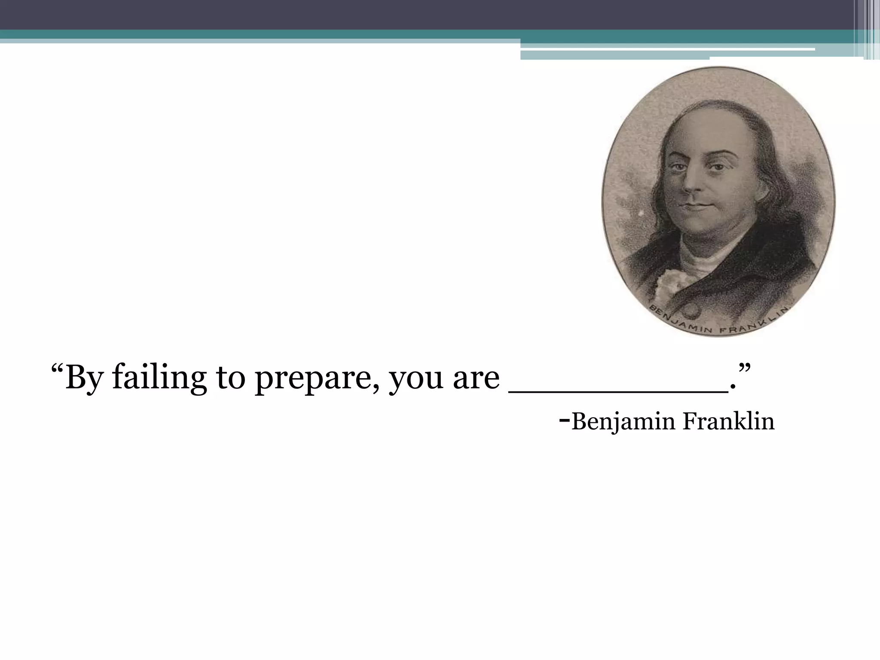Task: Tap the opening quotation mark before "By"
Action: pyautogui.click(x=57, y=369)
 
